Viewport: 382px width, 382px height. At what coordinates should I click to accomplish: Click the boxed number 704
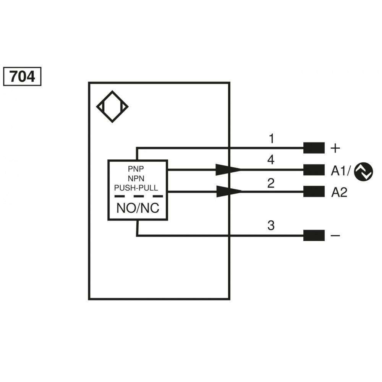tap(22, 76)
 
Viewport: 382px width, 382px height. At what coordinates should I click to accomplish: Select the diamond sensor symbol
tap(112, 107)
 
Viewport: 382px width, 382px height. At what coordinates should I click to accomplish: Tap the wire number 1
tap(271, 138)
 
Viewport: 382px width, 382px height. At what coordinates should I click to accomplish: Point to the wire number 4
tap(271, 160)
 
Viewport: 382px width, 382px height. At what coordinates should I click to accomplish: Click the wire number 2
tap(271, 183)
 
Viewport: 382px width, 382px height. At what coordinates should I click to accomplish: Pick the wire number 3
tap(271, 225)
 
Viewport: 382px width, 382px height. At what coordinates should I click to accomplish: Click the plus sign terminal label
tap(335, 148)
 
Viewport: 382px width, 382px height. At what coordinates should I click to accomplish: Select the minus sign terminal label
tap(335, 235)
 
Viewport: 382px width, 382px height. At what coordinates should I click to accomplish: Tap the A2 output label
tap(339, 193)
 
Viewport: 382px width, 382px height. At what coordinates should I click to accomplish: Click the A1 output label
tap(338, 171)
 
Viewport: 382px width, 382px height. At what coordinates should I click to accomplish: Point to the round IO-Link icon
tap(364, 172)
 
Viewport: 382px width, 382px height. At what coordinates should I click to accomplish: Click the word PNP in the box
tap(136, 168)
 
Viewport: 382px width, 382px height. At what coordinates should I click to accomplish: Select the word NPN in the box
tap(136, 178)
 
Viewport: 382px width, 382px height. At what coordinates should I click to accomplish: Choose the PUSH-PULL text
tap(136, 188)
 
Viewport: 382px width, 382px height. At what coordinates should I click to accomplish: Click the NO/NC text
tap(138, 208)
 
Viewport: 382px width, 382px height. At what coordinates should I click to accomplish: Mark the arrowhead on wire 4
tap(228, 170)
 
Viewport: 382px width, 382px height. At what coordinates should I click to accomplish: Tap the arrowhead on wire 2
tap(229, 191)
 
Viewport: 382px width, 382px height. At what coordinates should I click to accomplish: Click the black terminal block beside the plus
tap(314, 148)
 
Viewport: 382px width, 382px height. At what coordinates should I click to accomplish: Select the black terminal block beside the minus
tap(314, 235)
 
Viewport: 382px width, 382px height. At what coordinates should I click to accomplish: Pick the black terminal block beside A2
tap(314, 191)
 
